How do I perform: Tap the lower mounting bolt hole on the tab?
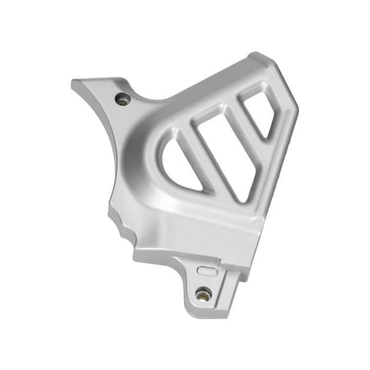coord(204,292)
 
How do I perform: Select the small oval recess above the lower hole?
coord(206,270)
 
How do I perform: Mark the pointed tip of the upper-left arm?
coord(74,83)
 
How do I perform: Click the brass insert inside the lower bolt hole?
coord(204,293)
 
